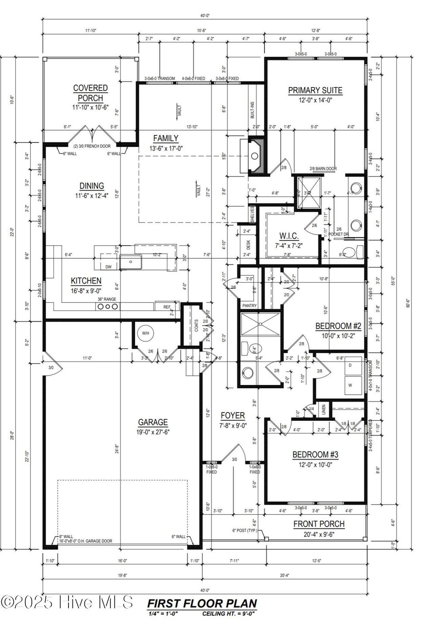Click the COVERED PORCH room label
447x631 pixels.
coord(90,93)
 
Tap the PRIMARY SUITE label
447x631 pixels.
coord(315,90)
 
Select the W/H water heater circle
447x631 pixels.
coord(145,333)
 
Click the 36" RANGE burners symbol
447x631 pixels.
coord(107,307)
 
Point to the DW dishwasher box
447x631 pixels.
coord(108,267)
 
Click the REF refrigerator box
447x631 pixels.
coord(166,307)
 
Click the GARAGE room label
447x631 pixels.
coord(153,422)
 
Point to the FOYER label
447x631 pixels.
coord(233,415)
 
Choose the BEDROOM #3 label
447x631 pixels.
coord(315,454)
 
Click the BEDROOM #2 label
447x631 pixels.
coord(339,326)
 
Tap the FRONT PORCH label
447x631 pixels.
coord(319,524)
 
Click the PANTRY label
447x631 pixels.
coord(250,306)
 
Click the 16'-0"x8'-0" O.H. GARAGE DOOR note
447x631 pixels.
coord(86,541)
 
